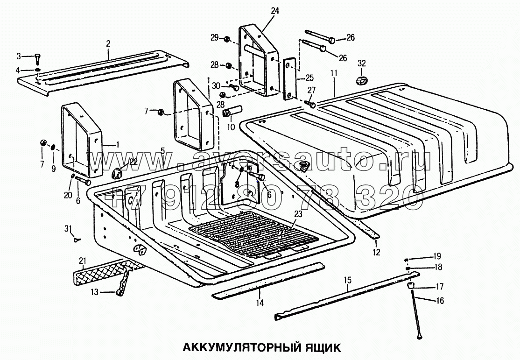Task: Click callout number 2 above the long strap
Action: point(108,43)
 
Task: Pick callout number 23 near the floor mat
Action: point(298,213)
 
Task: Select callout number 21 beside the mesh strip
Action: point(83,260)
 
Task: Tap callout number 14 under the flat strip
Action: point(260,303)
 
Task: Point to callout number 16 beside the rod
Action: point(439,301)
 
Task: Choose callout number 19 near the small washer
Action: point(437,256)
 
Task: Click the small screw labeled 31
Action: point(77,239)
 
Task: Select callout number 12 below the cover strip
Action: point(376,252)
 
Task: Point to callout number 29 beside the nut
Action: point(214,37)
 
